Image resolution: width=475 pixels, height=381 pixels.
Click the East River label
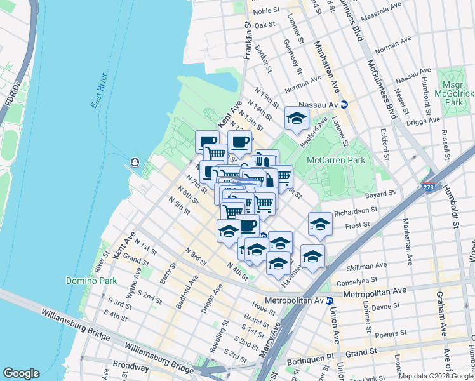99,91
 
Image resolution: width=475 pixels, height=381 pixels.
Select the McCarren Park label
336,161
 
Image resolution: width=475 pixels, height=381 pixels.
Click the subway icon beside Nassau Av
344,105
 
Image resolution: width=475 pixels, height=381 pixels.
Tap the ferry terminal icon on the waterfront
135,163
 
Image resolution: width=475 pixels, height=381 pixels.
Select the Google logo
21,373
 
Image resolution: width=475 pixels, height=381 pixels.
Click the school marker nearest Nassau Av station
296,117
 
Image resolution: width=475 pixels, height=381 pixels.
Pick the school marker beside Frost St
320,224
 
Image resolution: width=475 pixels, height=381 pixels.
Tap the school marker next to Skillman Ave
312,256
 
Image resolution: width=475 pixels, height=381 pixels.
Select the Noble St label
266,11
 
